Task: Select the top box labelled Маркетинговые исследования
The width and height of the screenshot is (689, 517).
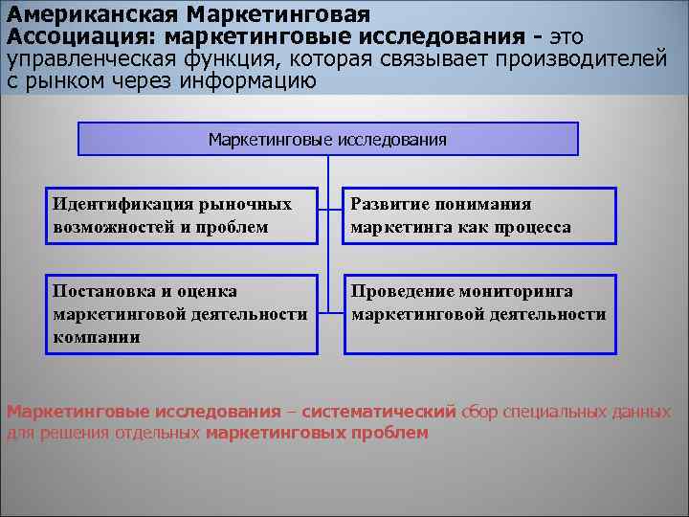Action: pyautogui.click(x=327, y=139)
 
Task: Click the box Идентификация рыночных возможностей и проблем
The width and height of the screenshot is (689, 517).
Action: pyautogui.click(x=182, y=215)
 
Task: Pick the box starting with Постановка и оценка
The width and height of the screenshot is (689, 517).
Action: pyautogui.click(x=182, y=314)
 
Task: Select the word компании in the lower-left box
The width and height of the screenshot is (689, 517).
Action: pyautogui.click(x=97, y=337)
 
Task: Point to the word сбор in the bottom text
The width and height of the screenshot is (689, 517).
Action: pyautogui.click(x=479, y=413)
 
